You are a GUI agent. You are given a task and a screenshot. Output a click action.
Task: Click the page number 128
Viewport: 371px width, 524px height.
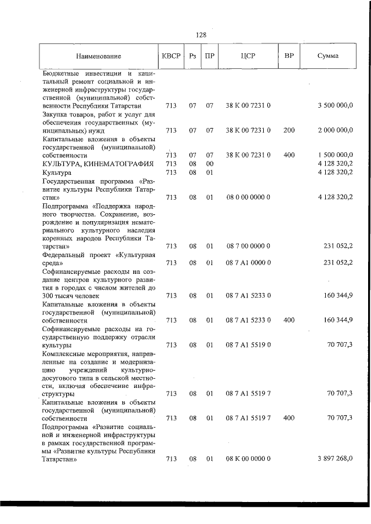(x=201, y=35)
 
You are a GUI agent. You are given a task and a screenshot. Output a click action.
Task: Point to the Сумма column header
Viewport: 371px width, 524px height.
(x=328, y=56)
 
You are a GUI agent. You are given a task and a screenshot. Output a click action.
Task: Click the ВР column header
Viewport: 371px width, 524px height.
(x=289, y=56)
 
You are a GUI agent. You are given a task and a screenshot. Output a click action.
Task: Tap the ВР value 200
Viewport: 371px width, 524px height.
(x=289, y=130)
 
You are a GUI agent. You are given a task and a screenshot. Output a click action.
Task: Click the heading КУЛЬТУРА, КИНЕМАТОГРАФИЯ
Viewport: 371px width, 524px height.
(x=97, y=164)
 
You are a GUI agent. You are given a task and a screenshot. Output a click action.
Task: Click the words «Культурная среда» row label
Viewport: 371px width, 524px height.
(x=97, y=258)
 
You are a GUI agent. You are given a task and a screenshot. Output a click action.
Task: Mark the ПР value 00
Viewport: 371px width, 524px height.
(x=210, y=164)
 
